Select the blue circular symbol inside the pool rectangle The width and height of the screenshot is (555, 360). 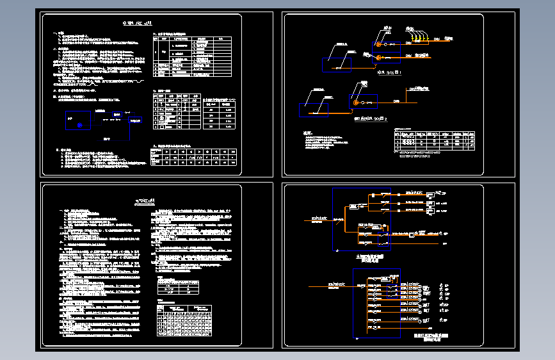(x=80, y=125)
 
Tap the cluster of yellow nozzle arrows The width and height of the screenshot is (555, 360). (x=419, y=39)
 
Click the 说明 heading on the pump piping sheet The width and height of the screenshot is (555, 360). (x=310, y=133)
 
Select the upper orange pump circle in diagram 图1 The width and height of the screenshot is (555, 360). (x=378, y=44)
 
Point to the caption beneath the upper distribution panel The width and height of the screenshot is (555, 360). (x=371, y=258)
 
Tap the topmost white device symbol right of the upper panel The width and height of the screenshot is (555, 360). (x=430, y=193)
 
